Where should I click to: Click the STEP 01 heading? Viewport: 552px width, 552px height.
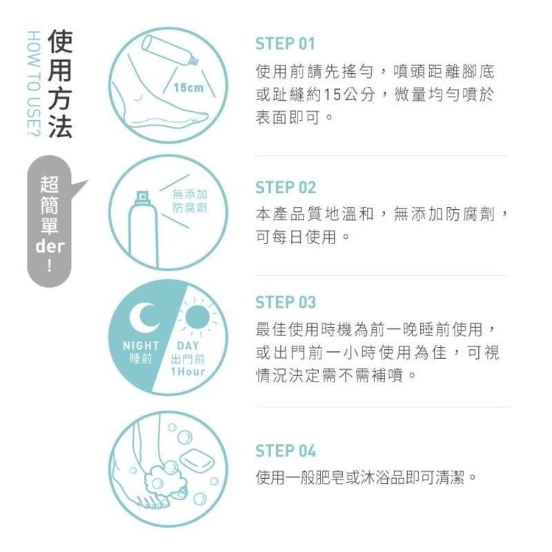pos(285,44)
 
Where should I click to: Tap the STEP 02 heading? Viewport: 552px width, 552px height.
pos(285,188)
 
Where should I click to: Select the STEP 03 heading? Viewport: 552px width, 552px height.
pos(285,302)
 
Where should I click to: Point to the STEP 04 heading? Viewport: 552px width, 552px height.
pos(285,451)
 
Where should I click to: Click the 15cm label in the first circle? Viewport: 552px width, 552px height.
pos(188,88)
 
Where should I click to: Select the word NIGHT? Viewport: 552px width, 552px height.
pos(141,345)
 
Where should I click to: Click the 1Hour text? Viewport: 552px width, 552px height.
pos(188,373)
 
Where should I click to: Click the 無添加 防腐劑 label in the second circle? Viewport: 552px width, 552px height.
pos(189,201)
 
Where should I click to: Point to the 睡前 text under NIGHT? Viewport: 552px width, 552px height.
pos(141,359)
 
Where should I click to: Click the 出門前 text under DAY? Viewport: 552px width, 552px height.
pos(188,359)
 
